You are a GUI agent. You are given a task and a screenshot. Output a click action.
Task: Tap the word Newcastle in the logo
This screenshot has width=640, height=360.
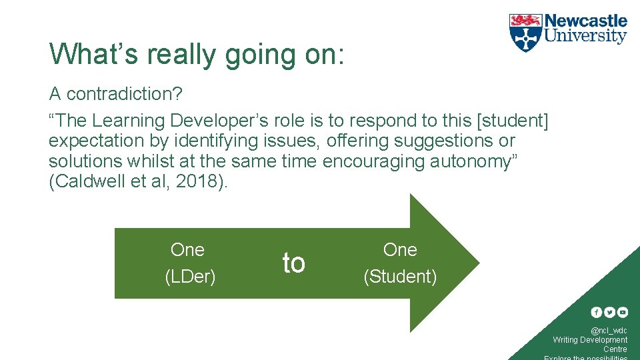pos(585,21)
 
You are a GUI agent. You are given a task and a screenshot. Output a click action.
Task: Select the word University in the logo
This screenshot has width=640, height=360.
pos(585,37)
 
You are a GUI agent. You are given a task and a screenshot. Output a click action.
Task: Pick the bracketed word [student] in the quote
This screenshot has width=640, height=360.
pos(511,121)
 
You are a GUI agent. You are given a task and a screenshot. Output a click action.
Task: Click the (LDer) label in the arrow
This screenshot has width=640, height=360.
pos(190,277)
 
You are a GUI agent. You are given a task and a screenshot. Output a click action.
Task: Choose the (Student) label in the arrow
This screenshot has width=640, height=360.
pos(400,277)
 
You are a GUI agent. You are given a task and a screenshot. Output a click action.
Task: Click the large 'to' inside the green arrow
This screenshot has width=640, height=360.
pos(293,263)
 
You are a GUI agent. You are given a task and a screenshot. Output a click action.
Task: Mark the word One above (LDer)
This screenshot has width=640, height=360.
pos(187,250)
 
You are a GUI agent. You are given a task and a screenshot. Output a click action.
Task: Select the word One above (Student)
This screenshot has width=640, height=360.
pos(400,250)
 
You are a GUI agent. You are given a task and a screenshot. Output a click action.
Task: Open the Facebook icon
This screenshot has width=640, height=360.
pos(597,312)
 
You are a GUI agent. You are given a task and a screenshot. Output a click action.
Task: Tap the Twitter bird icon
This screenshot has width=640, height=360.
pos(609,312)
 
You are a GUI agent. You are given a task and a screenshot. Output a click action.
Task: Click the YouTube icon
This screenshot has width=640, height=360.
pos(622,312)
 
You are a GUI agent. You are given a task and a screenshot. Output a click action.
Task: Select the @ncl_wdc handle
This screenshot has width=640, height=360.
pos(609,331)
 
